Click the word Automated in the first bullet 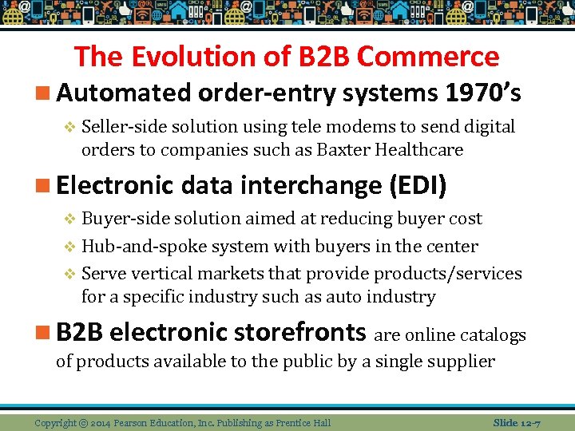124,93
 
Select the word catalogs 494,334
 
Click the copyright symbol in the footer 84,422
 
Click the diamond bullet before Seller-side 69,127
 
